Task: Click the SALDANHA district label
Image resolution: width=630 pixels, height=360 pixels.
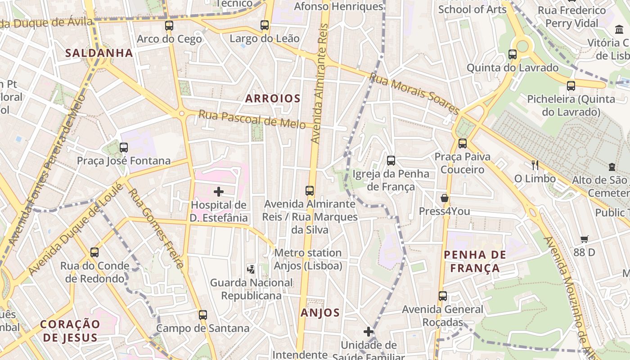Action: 99,53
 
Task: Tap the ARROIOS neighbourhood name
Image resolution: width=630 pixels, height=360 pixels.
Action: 273,99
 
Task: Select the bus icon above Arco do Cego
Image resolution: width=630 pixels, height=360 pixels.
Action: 169,26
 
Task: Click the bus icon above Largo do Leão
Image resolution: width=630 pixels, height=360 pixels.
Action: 265,25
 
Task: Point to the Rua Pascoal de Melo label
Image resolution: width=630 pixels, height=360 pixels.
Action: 252,119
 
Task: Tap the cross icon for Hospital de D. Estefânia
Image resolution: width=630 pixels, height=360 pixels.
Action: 219,192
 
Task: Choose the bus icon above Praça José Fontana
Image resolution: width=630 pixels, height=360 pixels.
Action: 124,147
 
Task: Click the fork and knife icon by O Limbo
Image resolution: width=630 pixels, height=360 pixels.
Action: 535,165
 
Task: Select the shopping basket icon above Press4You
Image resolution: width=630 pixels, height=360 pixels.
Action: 445,198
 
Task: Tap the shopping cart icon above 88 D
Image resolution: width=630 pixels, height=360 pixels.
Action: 584,239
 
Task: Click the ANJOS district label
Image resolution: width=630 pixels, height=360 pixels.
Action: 320,313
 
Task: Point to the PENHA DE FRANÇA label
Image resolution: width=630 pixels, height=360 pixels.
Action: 475,261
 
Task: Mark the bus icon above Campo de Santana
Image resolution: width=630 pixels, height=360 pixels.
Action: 203,315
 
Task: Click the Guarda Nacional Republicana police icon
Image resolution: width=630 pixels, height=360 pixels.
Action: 251,270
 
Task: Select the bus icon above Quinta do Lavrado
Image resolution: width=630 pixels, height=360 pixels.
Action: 513,54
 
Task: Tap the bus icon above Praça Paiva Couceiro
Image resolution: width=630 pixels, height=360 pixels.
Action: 462,144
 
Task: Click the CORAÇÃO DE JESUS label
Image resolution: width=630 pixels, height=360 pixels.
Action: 69,331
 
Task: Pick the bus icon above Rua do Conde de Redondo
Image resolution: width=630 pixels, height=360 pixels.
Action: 94,252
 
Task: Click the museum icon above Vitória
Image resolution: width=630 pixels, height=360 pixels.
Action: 619,30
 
